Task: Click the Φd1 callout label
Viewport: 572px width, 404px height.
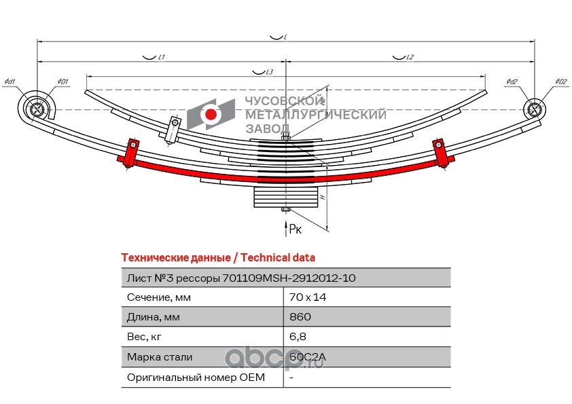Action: click(10, 83)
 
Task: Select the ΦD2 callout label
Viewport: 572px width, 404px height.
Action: click(560, 83)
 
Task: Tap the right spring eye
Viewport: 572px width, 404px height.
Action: click(534, 109)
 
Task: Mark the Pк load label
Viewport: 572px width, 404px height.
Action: click(296, 229)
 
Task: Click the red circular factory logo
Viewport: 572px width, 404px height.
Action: click(212, 115)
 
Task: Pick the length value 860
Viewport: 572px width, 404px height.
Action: click(300, 317)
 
